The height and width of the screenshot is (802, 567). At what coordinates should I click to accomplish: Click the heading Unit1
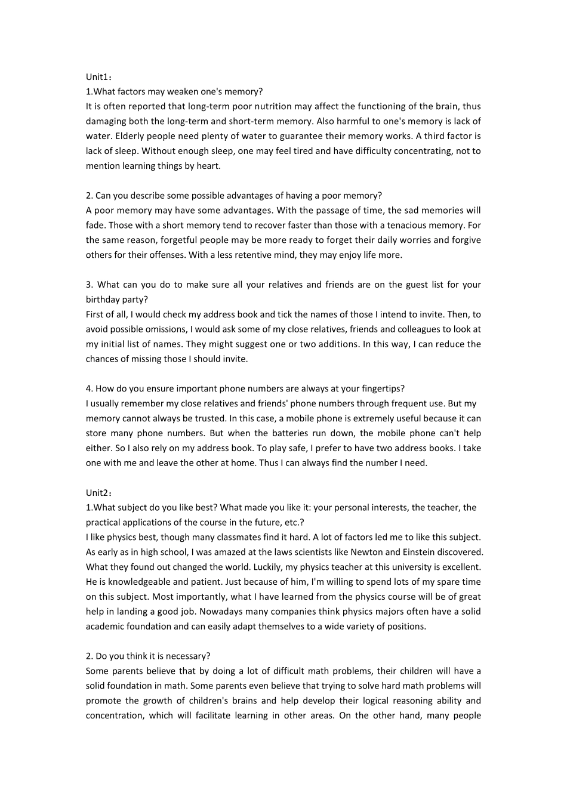pos(98,77)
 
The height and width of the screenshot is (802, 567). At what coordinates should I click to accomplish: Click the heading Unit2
pos(98,493)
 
